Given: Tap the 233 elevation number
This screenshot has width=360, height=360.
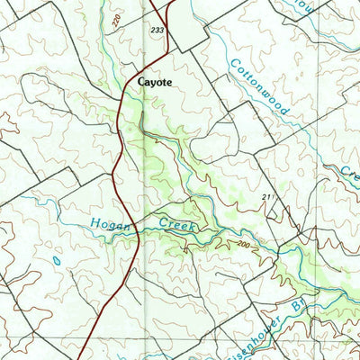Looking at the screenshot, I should coord(158,30).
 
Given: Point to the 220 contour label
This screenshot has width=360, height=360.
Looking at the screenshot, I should coord(117,19).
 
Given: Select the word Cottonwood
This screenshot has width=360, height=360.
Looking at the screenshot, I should coord(258,91).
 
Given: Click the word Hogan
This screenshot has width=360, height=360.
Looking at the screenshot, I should coord(109,223).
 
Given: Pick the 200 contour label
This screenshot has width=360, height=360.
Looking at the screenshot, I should coord(242,244).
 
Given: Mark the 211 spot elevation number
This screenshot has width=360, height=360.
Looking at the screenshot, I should coord(267,195).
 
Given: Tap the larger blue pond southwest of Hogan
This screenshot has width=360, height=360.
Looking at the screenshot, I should coord(56,258).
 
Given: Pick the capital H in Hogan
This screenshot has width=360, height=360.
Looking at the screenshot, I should coord(94,222).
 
